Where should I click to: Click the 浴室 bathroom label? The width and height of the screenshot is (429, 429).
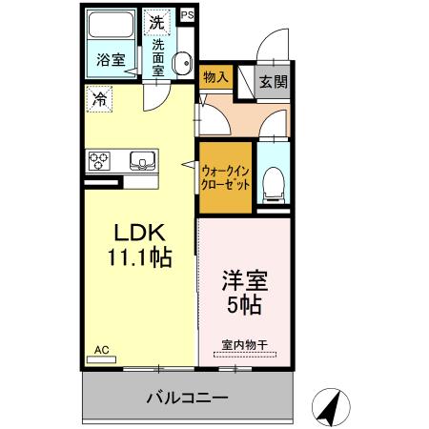(x=110, y=60)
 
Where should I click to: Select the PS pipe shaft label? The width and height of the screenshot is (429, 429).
(x=186, y=15)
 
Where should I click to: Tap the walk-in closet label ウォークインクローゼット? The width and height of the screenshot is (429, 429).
(x=225, y=177)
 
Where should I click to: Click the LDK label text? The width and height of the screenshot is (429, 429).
(x=142, y=233)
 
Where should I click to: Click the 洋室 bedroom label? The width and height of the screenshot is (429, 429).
(x=245, y=283)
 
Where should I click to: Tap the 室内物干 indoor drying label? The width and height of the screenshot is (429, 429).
(x=244, y=345)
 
